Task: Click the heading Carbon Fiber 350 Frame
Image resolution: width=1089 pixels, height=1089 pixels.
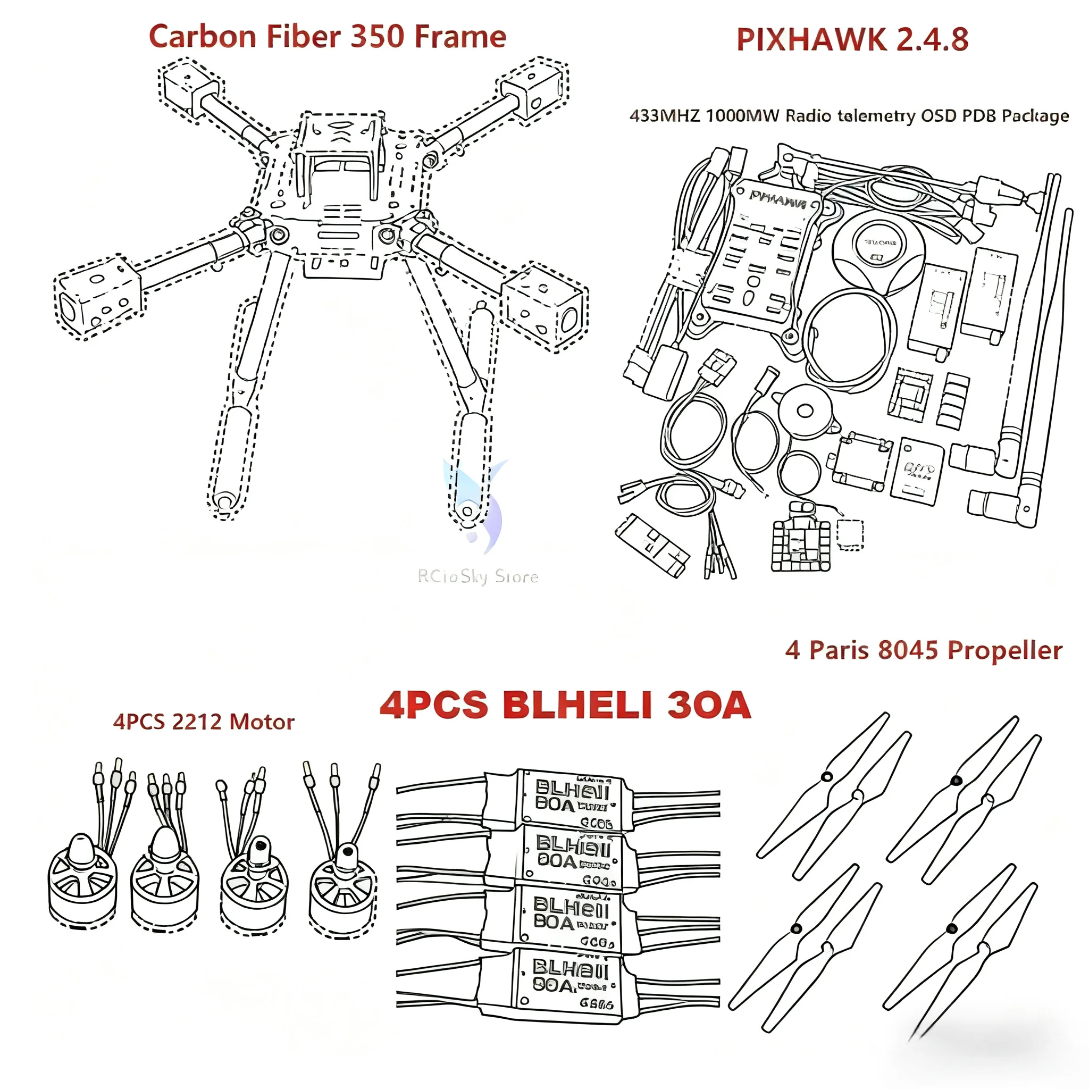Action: point(327,37)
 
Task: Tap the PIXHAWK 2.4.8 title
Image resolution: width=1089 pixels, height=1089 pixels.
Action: point(852,39)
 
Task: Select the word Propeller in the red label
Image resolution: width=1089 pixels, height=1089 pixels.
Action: point(1004,650)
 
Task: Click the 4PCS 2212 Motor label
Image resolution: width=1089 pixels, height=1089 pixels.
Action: point(204,722)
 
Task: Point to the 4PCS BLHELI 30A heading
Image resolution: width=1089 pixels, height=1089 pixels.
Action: point(565,705)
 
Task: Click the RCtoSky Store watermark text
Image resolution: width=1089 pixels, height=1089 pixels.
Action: point(478,576)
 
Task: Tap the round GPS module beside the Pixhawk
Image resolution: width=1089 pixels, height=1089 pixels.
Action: point(877,248)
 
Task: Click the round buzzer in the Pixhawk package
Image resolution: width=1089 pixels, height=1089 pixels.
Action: point(804,412)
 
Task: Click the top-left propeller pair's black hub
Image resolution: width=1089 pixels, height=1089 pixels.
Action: point(826,777)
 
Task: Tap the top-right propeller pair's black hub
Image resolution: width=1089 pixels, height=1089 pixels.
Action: point(956,781)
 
